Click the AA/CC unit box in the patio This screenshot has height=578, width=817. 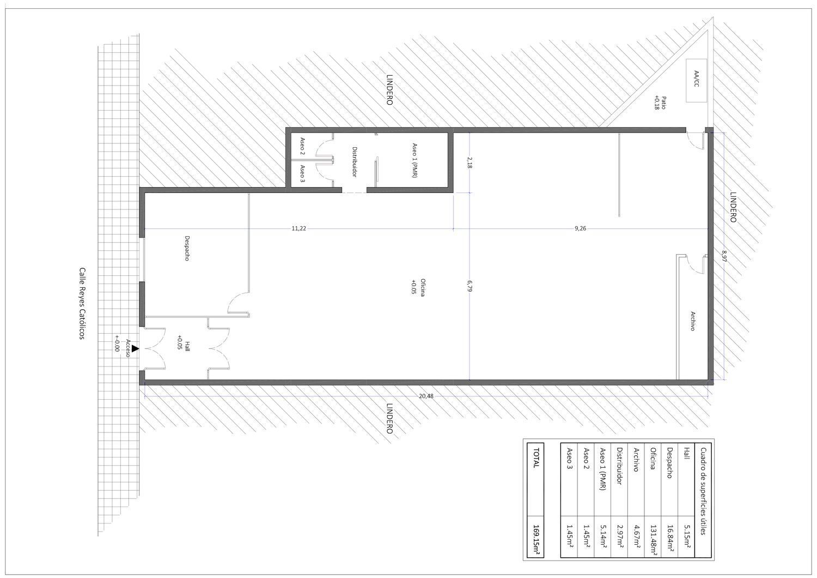(696, 80)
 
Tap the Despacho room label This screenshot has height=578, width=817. (187, 248)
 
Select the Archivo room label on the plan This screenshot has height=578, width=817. (693, 321)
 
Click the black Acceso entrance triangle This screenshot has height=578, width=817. (135, 348)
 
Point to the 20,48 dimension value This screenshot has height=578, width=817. (426, 396)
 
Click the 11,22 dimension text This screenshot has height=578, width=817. (298, 228)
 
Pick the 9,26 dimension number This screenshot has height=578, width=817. (580, 228)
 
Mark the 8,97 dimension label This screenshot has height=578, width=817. (724, 256)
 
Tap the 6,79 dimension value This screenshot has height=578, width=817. (470, 286)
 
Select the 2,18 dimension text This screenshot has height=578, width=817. (470, 162)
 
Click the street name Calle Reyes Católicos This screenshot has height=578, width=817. (82, 304)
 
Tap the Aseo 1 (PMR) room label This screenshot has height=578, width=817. (414, 160)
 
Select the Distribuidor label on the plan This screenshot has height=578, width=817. (354, 162)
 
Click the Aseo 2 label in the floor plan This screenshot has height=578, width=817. (302, 146)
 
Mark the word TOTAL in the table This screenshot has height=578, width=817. (536, 458)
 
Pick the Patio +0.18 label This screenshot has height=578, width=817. (660, 103)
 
